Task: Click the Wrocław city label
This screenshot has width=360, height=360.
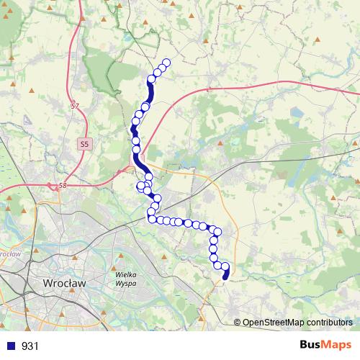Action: [x=65, y=284]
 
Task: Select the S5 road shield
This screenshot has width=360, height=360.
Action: [x=85, y=144]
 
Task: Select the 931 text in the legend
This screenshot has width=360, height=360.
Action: [x=30, y=346]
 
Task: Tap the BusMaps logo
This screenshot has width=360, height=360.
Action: [x=325, y=346]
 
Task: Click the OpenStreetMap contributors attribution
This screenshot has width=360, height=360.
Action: [x=297, y=323]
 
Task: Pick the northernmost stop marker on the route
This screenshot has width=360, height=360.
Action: [x=167, y=63]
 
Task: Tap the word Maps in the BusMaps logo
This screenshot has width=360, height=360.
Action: [x=338, y=346]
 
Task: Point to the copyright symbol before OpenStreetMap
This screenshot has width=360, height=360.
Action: [x=238, y=323]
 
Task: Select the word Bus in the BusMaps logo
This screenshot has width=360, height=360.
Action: [x=311, y=346]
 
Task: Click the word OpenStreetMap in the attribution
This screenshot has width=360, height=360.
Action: [x=274, y=323]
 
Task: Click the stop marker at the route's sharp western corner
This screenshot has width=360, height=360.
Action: [x=152, y=219]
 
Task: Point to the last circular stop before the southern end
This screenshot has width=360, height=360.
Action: [x=225, y=267]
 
